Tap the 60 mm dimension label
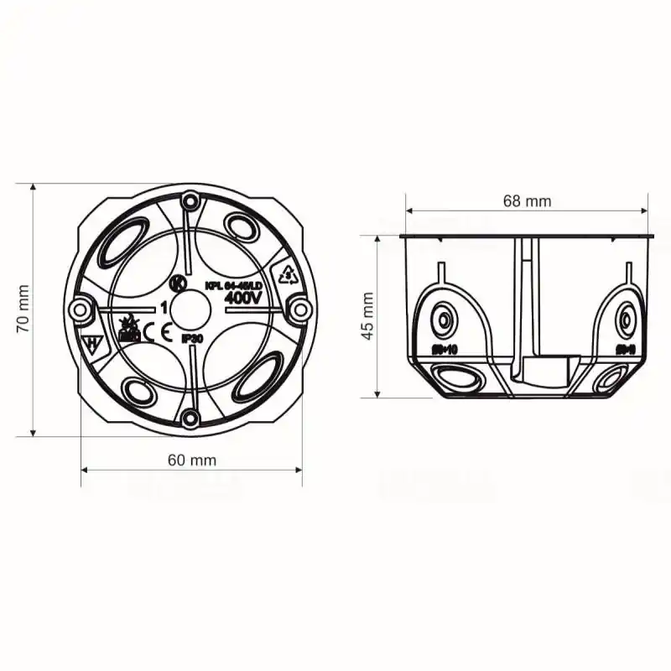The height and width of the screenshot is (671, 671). pos(191,460)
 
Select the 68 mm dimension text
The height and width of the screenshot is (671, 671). pos(527,200)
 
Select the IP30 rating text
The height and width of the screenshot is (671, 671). pos(193,339)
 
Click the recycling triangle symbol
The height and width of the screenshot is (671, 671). pos(287,274)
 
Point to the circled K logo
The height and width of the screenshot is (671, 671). pos(177,283)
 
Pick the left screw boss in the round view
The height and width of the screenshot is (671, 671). pos(81,310)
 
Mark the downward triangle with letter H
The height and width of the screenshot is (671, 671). pos(92,342)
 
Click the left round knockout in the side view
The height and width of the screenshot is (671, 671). pos(441,320)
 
